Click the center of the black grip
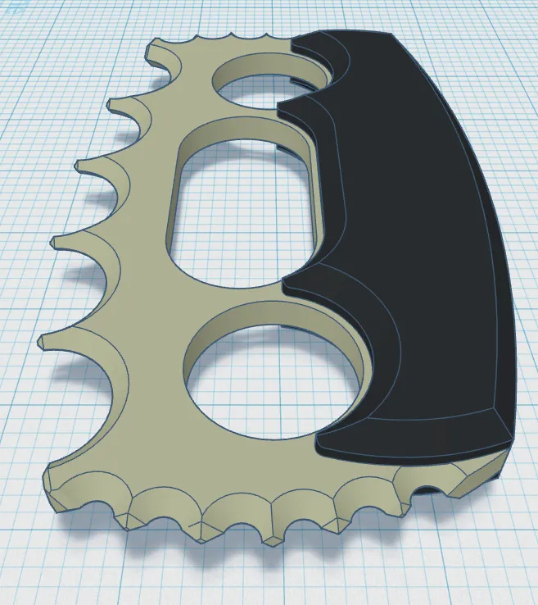tap(409, 246)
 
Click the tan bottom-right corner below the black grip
tap(483, 471)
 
